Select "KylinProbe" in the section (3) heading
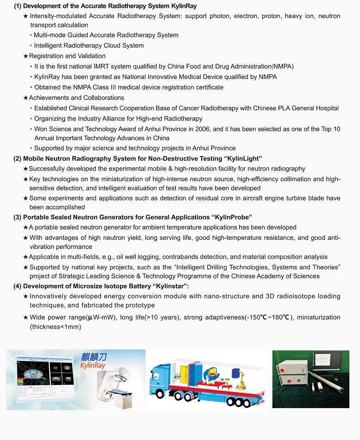coord(233,217)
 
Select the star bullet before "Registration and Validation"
coord(26,56)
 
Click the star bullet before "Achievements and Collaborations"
coord(26,98)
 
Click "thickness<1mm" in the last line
coord(55,327)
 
